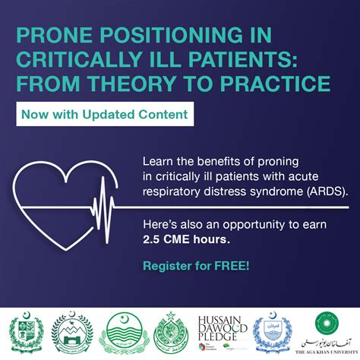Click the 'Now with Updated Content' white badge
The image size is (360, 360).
[103, 116]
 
